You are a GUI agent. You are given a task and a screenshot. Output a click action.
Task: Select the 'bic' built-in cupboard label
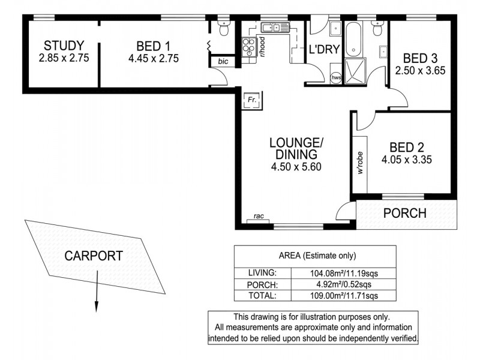[223, 61]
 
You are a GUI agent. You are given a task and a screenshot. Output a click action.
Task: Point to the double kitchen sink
[273, 27]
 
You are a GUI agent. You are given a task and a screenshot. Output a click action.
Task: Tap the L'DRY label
[322, 50]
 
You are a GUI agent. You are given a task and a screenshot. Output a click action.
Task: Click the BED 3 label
[419, 58]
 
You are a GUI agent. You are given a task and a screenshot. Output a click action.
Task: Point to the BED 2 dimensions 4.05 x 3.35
[407, 160]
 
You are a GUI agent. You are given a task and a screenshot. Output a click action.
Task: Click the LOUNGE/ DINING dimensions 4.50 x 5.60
[296, 167]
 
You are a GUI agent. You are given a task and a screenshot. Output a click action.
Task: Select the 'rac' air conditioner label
[259, 217]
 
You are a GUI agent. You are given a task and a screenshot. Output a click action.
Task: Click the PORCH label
[404, 213]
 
